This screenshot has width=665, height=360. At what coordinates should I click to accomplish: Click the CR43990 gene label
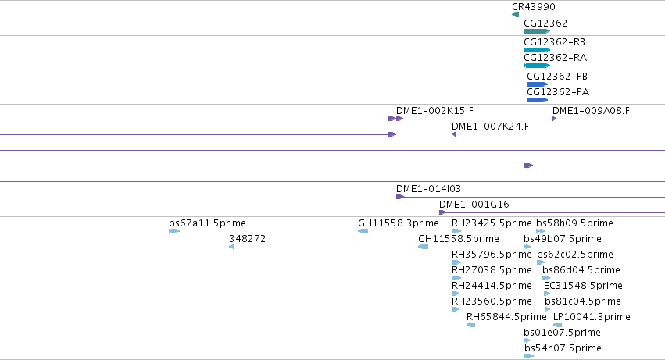coord(533,7)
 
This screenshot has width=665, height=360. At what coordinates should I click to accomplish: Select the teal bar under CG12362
coord(537,31)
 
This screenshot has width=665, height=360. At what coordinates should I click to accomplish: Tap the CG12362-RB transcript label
coord(554,42)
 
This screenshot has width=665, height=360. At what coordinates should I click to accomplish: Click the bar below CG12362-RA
coord(537,66)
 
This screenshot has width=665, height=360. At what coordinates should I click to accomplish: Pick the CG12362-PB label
coord(557,77)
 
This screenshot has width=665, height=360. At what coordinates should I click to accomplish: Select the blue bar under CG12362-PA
coord(538,100)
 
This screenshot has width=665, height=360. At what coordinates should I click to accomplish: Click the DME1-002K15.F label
coord(434,111)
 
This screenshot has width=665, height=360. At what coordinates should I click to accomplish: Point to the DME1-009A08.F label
coord(591,111)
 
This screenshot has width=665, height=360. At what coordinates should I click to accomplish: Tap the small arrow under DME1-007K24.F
coord(454,134)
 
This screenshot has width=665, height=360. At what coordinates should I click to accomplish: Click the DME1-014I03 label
coord(428,189)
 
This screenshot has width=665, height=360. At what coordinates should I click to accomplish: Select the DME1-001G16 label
coord(474,205)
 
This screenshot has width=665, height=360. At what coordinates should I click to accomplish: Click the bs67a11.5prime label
coord(207,223)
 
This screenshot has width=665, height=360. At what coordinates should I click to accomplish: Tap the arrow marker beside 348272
coord(231,247)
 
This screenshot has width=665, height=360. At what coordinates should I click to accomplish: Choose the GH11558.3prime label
coord(399,223)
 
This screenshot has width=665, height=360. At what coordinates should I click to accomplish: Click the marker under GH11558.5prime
coord(424,247)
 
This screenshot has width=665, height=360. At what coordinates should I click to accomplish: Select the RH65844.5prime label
coord(506,317)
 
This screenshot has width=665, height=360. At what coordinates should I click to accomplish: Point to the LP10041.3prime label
coord(592,317)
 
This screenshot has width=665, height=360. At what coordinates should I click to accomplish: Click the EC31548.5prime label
coord(583,285)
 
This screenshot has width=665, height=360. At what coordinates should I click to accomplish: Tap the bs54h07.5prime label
coord(563,348)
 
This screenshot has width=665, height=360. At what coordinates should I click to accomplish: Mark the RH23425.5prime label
coord(492,223)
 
